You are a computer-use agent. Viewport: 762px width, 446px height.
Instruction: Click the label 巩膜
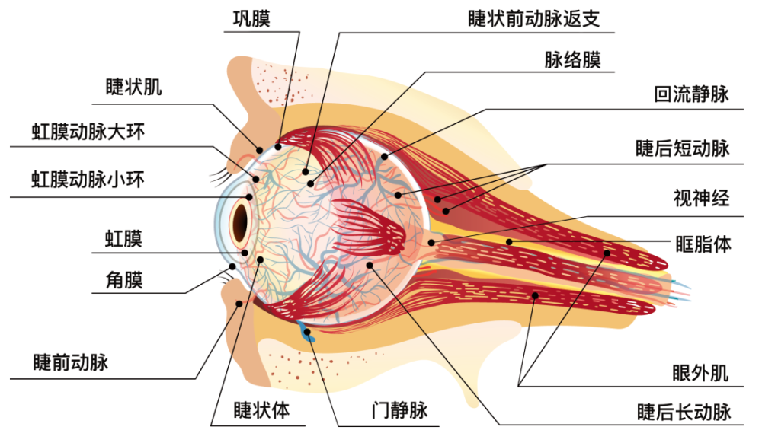click(x=251, y=18)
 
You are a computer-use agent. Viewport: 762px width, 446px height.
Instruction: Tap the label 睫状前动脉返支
click(x=533, y=18)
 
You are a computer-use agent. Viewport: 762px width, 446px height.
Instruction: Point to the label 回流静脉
click(x=691, y=94)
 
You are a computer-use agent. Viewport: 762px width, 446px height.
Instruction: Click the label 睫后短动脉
click(x=682, y=148)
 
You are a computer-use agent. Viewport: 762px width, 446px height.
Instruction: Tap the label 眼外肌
click(x=700, y=373)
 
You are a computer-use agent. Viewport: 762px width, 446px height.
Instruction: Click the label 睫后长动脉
click(x=684, y=412)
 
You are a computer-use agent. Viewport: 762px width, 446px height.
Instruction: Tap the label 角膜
click(x=123, y=280)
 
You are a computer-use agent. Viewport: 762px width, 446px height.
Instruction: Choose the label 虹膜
click(x=123, y=239)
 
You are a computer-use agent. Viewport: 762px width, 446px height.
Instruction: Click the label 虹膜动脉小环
click(x=88, y=180)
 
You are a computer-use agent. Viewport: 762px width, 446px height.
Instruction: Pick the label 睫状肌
click(x=133, y=87)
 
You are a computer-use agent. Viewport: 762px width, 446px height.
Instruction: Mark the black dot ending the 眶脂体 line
click(x=509, y=243)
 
